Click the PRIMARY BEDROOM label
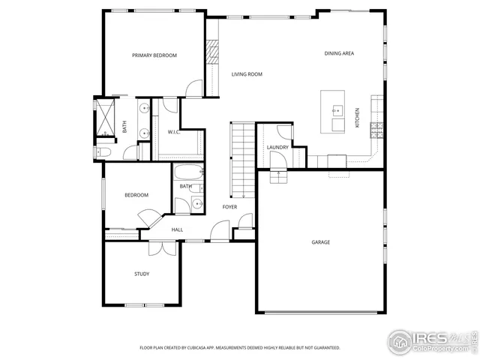[154, 55]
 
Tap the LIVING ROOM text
[246, 74]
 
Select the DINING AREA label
[339, 53]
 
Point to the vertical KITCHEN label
[357, 117]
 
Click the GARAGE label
[321, 242]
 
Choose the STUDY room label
[141, 274]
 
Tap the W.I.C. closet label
[173, 132]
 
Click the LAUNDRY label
[277, 147]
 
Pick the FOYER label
[229, 206]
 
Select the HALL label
[177, 229]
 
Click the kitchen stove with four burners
[376, 130]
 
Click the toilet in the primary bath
[103, 153]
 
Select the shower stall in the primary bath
[106, 118]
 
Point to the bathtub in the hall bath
[184, 172]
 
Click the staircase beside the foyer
[241, 159]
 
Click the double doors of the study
[161, 247]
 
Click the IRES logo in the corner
[431, 340]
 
